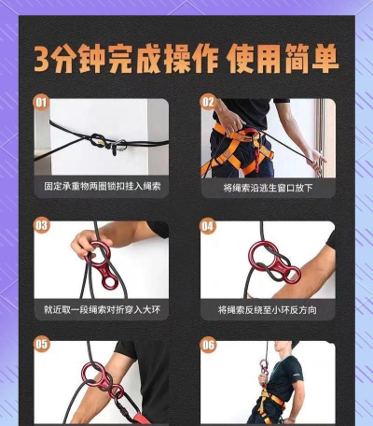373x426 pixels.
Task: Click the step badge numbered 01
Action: point(42,101)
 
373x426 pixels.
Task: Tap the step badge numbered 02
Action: point(208,101)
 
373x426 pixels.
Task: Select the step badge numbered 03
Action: point(42,224)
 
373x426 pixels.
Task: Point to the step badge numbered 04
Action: point(208,224)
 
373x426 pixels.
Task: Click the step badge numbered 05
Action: point(42,344)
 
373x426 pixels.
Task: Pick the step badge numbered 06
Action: point(208,344)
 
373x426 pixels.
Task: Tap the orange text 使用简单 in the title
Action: point(283,59)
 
